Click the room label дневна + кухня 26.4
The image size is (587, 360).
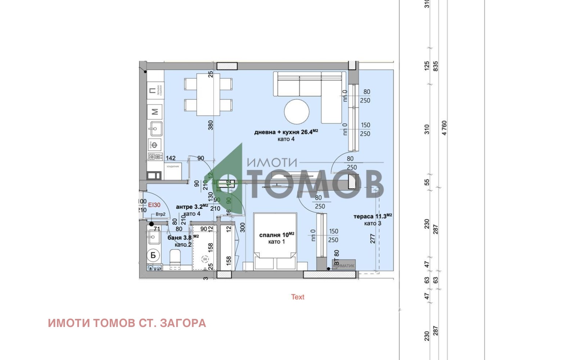[286, 132]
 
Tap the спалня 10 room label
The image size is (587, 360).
[277, 235]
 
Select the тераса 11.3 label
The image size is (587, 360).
[372, 217]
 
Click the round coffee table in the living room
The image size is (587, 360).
[296, 112]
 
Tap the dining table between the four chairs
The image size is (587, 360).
[208, 95]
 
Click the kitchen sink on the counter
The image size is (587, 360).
[155, 128]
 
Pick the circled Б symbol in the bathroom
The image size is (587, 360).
[153, 255]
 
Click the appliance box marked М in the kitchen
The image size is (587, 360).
[155, 111]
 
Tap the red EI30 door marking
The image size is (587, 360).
[154, 205]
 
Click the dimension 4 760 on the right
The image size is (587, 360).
[444, 128]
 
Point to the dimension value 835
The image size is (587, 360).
[435, 66]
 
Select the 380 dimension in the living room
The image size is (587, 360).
[211, 125]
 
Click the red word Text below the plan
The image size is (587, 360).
[298, 297]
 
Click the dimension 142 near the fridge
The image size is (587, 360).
[171, 158]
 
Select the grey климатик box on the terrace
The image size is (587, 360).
[344, 265]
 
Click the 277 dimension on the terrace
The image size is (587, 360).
[373, 239]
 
